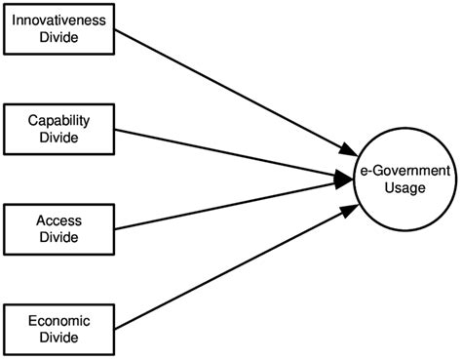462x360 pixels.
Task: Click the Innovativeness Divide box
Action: [x=58, y=28]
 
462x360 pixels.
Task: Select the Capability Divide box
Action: [x=58, y=129]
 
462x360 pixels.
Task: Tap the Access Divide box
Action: [x=58, y=230]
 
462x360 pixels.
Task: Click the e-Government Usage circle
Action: [x=404, y=180]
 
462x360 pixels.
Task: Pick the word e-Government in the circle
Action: [x=404, y=172]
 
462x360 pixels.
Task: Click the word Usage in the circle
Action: [x=404, y=187]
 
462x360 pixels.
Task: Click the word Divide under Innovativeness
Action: [x=58, y=37]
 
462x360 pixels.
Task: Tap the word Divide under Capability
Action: [x=58, y=138]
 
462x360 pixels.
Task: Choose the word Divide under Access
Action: [x=58, y=238]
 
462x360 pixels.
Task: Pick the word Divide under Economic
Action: [x=58, y=340]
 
